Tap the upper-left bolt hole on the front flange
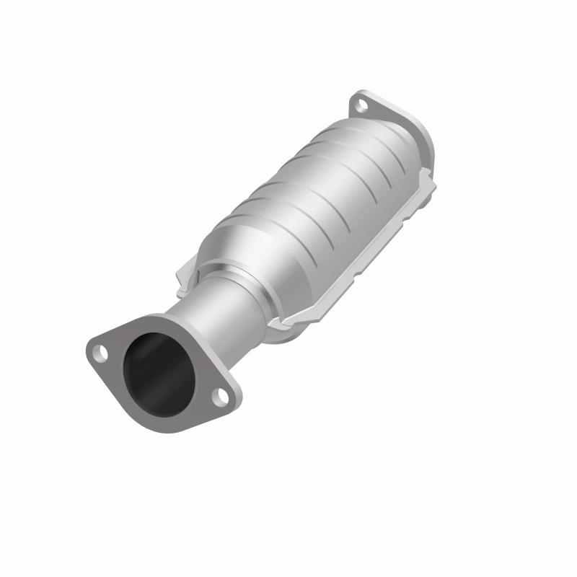click(101, 353)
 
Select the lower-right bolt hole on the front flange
click(221, 396)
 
